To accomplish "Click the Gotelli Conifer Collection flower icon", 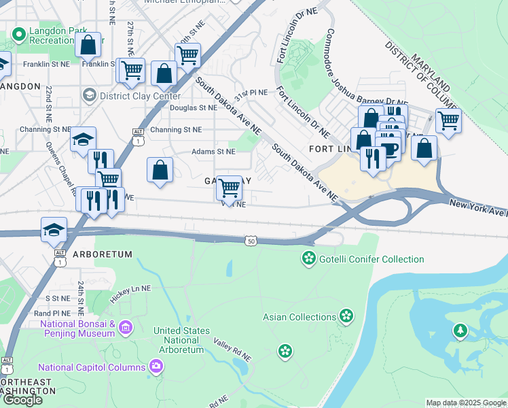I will [309, 259].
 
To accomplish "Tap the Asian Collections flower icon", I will [347, 316].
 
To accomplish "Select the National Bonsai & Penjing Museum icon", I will [125, 328].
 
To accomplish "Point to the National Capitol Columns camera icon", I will [157, 367].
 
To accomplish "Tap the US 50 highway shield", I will [251, 241].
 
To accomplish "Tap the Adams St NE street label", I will [213, 152].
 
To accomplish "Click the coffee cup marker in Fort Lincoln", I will [389, 148].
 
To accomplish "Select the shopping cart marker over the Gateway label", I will [230, 187].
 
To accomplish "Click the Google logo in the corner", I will [22, 400].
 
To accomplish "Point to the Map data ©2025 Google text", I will [466, 403].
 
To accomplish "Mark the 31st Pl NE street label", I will [250, 92].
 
